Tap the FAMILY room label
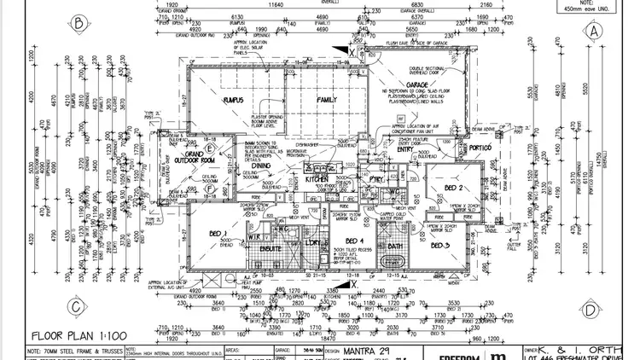click(x=327, y=101)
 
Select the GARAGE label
click(x=418, y=85)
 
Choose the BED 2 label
click(x=454, y=188)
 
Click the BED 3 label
click(x=440, y=246)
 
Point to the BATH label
click(x=394, y=247)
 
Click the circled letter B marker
click(x=79, y=24)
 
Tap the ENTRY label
click(x=398, y=148)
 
